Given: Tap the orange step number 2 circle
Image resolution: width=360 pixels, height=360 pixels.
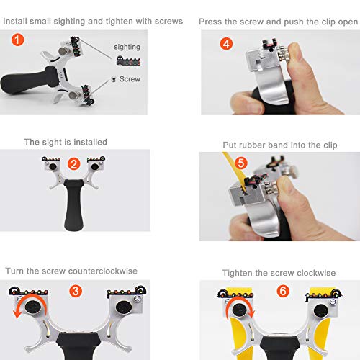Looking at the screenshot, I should coord(73,163).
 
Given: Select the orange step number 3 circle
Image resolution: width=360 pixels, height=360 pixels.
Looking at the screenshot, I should coord(76,292).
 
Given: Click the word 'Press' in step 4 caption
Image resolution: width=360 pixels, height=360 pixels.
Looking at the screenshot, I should coord(214,22).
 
